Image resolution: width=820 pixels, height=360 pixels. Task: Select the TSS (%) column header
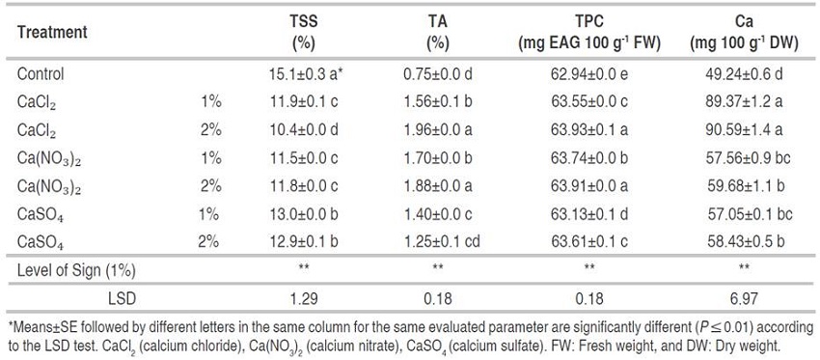(x=304, y=32)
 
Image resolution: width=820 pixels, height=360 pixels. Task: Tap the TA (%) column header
(x=438, y=32)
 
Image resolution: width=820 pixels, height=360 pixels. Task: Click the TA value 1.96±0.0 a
(x=439, y=127)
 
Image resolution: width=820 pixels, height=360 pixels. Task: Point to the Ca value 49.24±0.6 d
(x=739, y=73)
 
